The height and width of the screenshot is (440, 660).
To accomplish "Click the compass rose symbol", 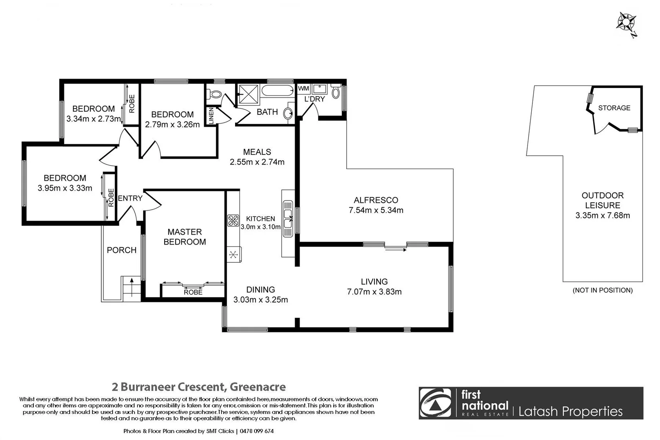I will click(627, 23).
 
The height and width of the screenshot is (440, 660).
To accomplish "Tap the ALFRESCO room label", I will click(376, 200).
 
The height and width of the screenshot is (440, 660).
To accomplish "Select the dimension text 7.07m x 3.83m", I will click(374, 292).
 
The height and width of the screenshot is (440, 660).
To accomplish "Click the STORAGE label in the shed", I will click(614, 108).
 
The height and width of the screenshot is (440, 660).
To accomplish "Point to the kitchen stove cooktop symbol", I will click(233, 220).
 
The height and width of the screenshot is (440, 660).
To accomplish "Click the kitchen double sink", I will click(288, 218).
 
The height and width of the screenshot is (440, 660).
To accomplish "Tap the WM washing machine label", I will click(304, 88).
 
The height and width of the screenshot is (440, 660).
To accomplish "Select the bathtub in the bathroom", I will click(277, 90).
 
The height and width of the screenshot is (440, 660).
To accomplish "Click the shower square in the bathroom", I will click(248, 94).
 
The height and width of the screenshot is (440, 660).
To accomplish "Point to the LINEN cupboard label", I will click(211, 116).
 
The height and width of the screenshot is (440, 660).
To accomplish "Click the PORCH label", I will click(121, 250).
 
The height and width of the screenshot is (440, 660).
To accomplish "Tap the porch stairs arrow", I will click(131, 280).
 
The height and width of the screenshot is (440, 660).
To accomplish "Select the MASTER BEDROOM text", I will click(185, 237).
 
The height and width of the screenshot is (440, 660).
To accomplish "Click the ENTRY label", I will click(130, 198).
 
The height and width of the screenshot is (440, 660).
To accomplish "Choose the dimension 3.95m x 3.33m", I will click(65, 188).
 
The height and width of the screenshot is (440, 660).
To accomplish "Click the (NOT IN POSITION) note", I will click(603, 290).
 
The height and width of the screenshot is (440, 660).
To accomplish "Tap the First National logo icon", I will click(436, 403).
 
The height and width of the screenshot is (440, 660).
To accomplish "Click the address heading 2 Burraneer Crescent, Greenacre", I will click(198, 387).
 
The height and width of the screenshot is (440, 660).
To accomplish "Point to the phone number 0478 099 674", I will click(257, 431).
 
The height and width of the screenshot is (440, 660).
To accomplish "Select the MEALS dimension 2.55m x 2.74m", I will click(257, 162).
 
